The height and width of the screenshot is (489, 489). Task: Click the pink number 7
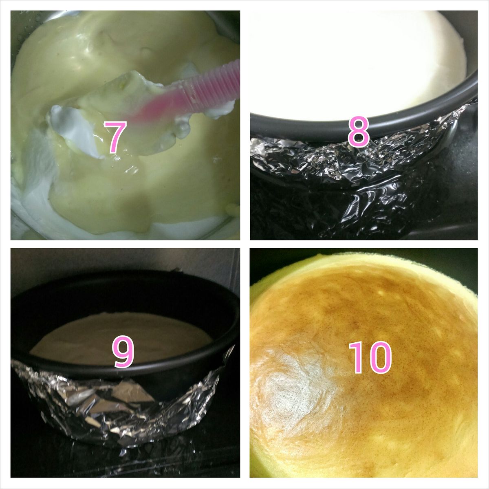[115, 138]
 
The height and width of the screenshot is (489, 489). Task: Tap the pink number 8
[358, 132]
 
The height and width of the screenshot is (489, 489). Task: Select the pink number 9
[123, 351]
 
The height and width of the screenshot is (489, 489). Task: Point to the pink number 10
[370, 357]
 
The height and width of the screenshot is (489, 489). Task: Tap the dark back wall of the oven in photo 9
[122, 261]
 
